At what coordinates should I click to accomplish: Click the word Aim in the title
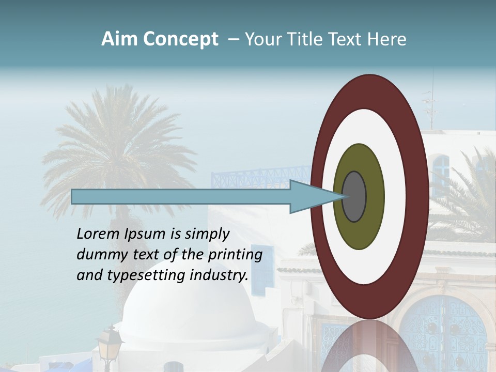(119, 40)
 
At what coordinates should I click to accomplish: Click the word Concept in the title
(180, 40)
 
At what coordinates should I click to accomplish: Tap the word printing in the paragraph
(235, 255)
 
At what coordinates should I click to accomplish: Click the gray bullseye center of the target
(354, 197)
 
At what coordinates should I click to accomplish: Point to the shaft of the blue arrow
(181, 197)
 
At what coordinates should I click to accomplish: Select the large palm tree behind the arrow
(119, 139)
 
